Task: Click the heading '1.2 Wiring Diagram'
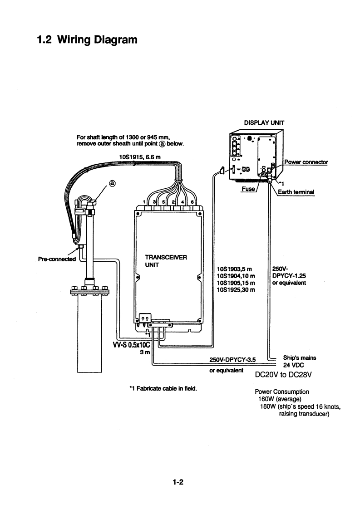(87, 40)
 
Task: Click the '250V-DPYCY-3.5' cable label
(232, 359)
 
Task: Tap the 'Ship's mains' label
(299, 357)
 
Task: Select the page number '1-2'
(178, 482)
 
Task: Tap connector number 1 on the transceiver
(144, 201)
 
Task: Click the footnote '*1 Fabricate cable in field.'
(163, 388)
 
